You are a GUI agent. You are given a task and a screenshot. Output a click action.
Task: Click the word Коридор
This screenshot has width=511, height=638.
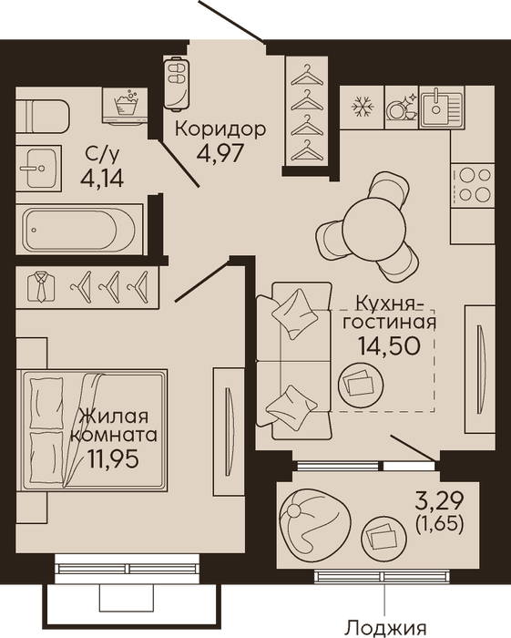click(220, 129)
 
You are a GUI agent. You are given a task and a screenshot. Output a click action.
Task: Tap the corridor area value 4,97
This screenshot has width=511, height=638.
click(220, 153)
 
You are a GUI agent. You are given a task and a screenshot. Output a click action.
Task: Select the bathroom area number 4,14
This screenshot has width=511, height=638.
click(102, 178)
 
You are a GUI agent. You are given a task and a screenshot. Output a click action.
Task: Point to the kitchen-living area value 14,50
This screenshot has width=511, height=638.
click(389, 345)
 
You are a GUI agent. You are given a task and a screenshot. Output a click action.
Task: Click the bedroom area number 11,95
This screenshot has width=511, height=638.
click(113, 459)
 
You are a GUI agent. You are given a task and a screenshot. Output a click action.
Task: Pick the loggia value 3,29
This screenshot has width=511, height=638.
click(439, 501)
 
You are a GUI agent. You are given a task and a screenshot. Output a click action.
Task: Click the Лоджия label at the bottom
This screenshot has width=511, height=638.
click(385, 630)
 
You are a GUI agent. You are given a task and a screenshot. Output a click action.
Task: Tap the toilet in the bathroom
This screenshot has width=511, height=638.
click(43, 116)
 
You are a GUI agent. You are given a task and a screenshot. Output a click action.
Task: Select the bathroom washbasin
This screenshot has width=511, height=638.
click(39, 168)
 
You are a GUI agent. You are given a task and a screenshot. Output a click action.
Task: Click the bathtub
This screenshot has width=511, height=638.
click(79, 230)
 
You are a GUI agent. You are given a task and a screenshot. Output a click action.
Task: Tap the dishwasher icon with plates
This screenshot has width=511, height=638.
click(402, 108)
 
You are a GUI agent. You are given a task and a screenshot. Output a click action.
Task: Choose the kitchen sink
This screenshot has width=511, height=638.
click(443, 108)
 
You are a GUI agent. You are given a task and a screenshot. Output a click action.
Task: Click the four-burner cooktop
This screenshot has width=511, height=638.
click(473, 186)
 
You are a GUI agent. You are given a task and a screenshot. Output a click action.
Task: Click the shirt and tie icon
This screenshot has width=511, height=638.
click(41, 287)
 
